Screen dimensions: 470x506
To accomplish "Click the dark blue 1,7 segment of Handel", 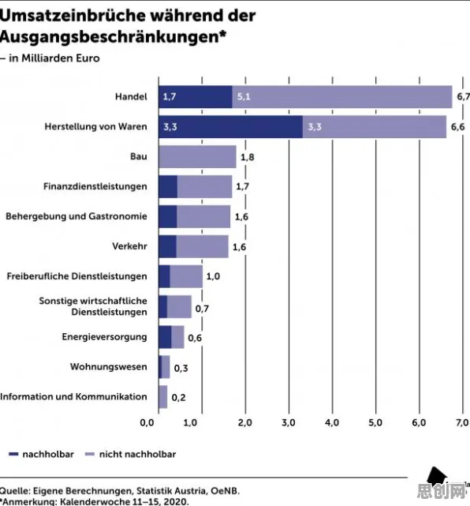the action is (196, 97).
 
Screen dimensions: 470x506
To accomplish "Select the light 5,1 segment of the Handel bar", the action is (342, 97).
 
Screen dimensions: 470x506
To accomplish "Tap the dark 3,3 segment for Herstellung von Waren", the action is (230, 127).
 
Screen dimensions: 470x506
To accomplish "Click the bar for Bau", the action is (197, 157).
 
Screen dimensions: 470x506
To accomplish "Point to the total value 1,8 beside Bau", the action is (248, 157).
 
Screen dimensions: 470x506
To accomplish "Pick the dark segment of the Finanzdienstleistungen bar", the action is (168, 187).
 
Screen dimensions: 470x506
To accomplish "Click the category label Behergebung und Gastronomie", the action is (76, 216).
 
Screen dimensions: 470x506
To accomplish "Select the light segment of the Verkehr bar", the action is (203, 246).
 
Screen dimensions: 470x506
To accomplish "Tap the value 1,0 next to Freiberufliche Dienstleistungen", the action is (213, 276).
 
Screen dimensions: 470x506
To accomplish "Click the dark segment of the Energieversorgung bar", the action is (165, 337).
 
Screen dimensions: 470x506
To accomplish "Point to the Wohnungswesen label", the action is (109, 367).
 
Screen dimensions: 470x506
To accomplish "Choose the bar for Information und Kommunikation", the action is (162, 397).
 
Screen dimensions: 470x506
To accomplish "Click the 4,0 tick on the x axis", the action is (332, 423).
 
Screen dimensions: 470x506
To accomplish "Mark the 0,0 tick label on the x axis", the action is (147, 423).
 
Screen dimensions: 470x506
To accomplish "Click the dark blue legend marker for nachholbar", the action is (13, 455).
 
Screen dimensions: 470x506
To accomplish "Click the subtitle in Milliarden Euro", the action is (54, 58).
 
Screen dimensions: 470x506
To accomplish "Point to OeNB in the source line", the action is (226, 491).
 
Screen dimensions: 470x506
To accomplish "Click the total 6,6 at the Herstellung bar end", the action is (457, 127).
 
